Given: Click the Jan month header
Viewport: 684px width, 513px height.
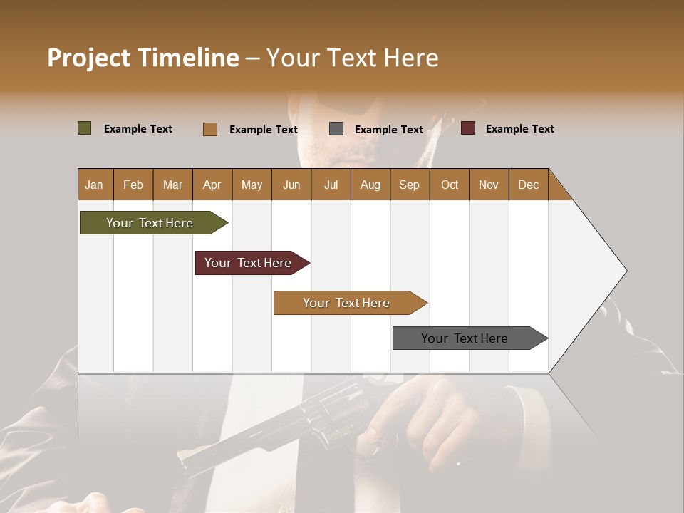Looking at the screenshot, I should coord(94,185).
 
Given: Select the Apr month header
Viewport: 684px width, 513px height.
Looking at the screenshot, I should coord(212,185).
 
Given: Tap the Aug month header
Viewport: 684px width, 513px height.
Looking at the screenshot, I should coord(370,185).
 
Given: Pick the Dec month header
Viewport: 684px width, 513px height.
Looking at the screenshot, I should coord(528,185).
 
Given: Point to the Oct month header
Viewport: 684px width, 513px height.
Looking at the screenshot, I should coord(449,185).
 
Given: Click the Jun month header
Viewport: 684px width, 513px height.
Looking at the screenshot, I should coord(291,185).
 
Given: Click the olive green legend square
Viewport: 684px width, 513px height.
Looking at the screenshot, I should coord(84,128).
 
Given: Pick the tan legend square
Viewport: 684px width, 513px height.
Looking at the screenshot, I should coord(209,129).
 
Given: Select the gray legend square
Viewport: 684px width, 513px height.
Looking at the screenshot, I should coord(336,128).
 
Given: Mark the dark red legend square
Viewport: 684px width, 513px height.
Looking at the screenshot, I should coord(467,128).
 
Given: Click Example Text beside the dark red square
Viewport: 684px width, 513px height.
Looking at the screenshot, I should coord(519,129).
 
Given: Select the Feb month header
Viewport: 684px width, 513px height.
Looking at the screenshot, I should coord(133,185).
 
